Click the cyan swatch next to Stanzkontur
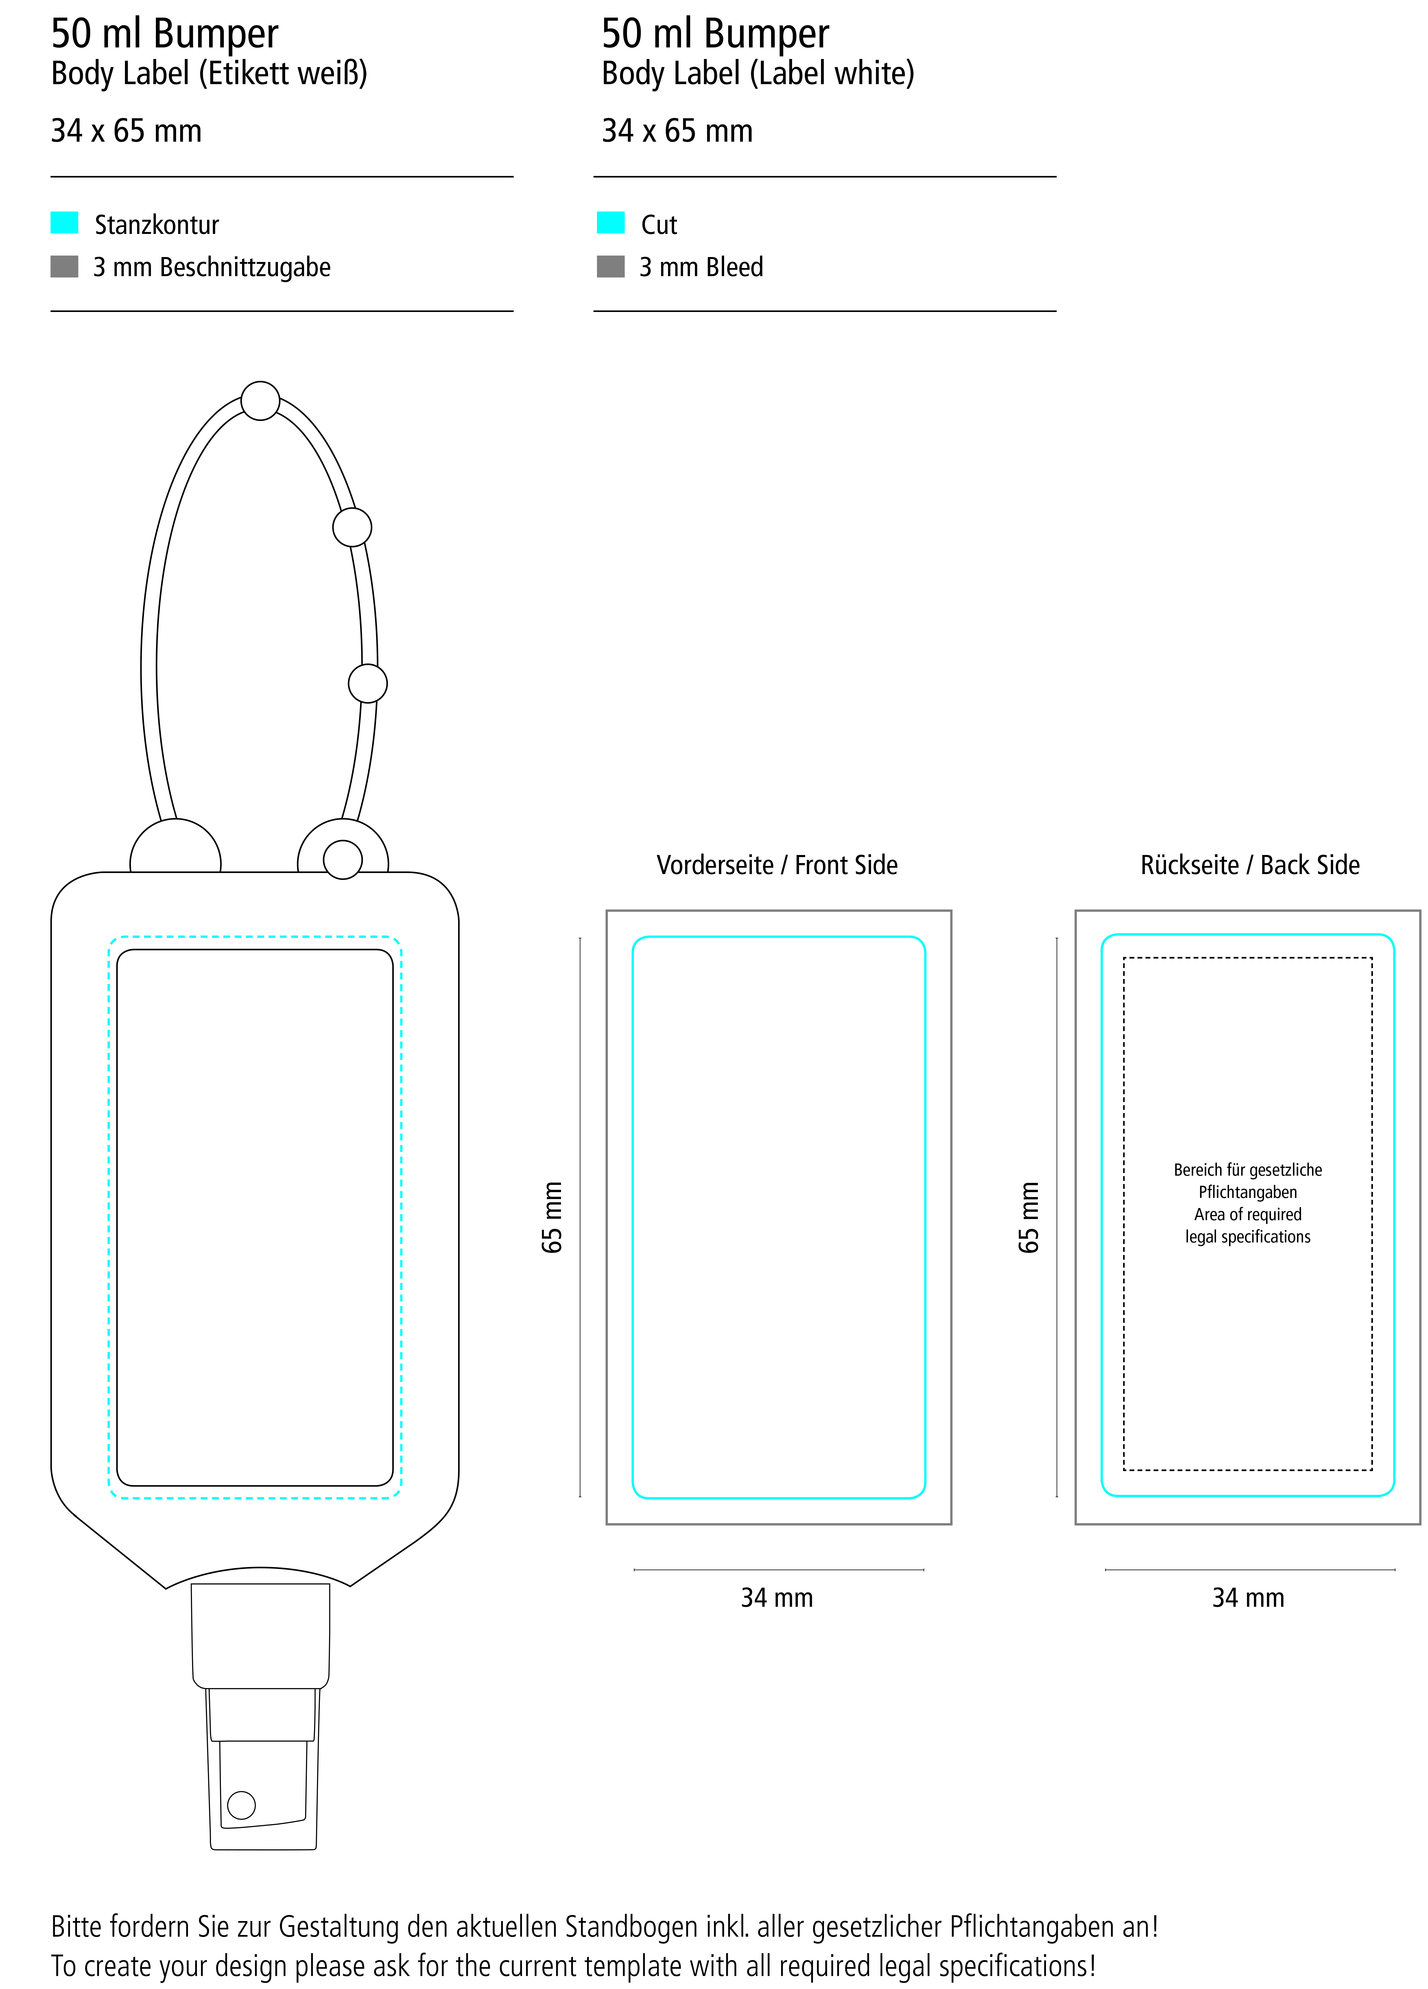(64, 223)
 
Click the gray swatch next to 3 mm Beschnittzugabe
(64, 266)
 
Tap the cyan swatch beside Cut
(610, 223)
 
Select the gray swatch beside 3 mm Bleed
(610, 266)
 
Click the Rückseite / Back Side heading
(1249, 866)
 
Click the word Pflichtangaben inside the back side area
(1247, 1192)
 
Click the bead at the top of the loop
(261, 401)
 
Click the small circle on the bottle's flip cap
(241, 1805)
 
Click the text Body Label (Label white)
(758, 74)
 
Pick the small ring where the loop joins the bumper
(343, 859)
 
